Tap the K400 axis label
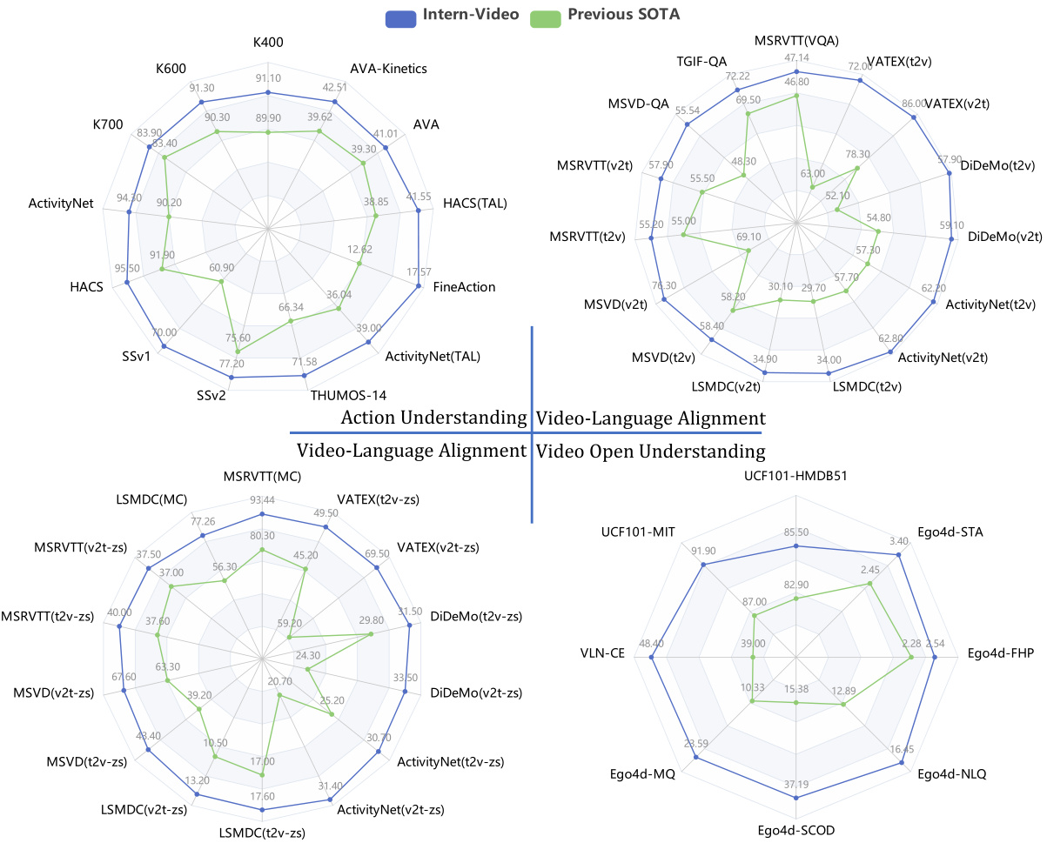coord(268,42)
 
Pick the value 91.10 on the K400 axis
coord(268,77)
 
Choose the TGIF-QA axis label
coord(701,63)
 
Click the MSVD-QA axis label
coord(639,104)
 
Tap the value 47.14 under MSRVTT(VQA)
coord(797,57)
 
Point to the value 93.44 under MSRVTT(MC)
coord(262,498)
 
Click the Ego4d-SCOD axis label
coord(795,830)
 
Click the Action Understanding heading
coord(433,418)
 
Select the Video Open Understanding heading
coord(651,451)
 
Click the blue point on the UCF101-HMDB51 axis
coord(795,546)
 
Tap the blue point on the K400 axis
coord(268,92)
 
